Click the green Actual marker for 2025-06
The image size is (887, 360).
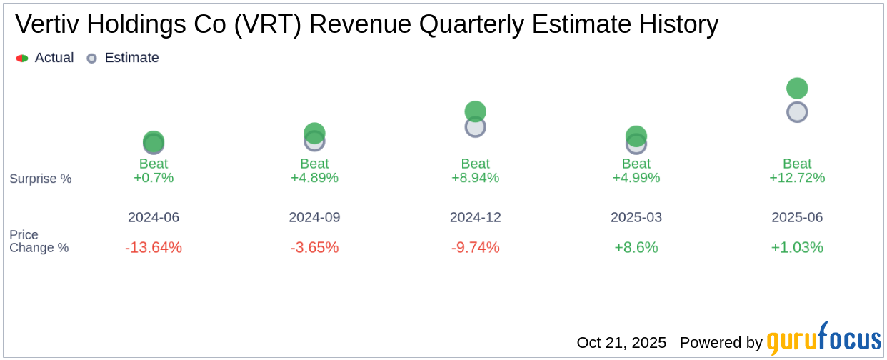pyautogui.click(x=797, y=89)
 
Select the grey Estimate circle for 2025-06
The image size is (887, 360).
pyautogui.click(x=797, y=112)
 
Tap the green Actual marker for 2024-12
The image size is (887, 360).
pyautogui.click(x=476, y=111)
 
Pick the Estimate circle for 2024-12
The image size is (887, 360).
pyautogui.click(x=476, y=127)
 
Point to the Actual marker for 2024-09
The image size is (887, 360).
pyautogui.click(x=314, y=132)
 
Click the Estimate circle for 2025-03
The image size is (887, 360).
pyautogui.click(x=636, y=145)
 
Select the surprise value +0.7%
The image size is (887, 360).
pyautogui.click(x=154, y=178)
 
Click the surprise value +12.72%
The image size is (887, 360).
pyautogui.click(x=797, y=178)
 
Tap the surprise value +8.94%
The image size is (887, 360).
pyautogui.click(x=476, y=178)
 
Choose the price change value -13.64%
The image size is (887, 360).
pyautogui.click(x=154, y=247)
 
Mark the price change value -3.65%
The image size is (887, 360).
pyautogui.click(x=314, y=247)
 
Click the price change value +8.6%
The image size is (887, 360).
pyautogui.click(x=636, y=247)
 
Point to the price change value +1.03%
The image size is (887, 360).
pyautogui.click(x=797, y=247)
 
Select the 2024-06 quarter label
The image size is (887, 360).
pyautogui.click(x=154, y=217)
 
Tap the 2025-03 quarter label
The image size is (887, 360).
pyautogui.click(x=636, y=217)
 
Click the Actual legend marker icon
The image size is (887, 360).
pyautogui.click(x=22, y=58)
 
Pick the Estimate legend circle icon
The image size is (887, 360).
pyautogui.click(x=91, y=58)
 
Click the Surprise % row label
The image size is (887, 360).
pyautogui.click(x=41, y=179)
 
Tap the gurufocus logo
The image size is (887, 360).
pyautogui.click(x=823, y=340)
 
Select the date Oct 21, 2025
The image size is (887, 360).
pyautogui.click(x=621, y=343)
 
